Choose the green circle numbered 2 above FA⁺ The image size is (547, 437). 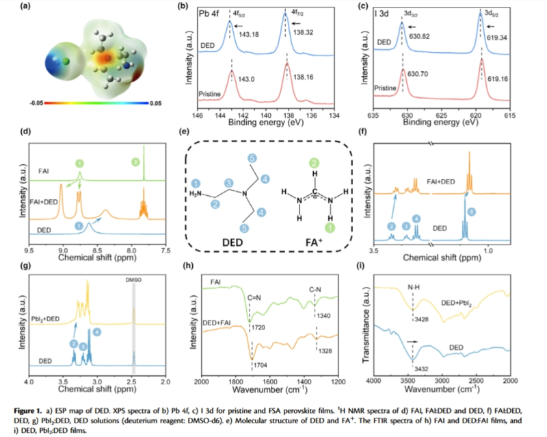coord(315,163)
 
